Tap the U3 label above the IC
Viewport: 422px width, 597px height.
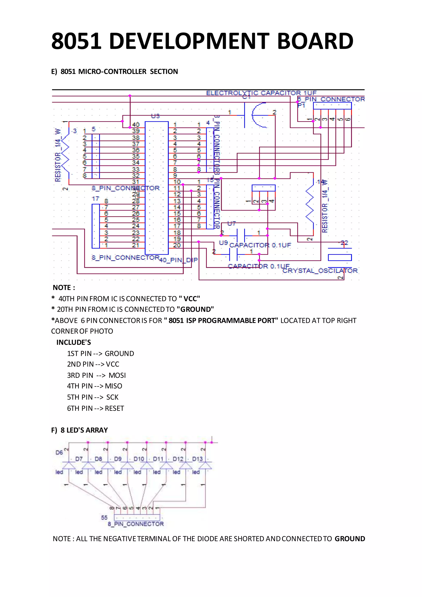[x=155, y=116]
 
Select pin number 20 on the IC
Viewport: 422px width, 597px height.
[x=177, y=245]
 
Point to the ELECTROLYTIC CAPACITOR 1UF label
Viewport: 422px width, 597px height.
[x=261, y=93]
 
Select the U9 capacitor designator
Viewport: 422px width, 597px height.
[x=223, y=243]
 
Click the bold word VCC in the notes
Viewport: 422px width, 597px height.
[x=191, y=299]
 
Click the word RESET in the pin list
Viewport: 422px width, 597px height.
[x=114, y=408]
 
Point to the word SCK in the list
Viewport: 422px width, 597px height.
[x=112, y=397]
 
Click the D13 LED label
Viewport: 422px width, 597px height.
[x=197, y=459]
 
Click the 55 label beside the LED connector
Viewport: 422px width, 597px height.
[x=104, y=517]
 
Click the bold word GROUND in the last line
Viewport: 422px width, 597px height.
[x=350, y=538]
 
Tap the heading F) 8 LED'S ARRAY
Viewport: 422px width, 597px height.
[x=80, y=430]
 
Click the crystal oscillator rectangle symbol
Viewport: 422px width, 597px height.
[x=340, y=257]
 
